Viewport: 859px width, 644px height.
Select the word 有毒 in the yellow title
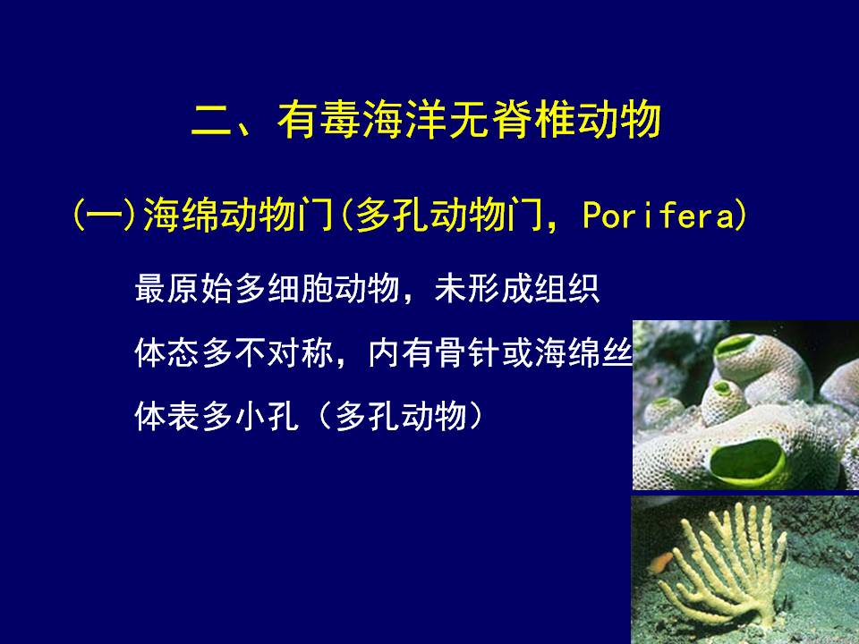click(x=319, y=119)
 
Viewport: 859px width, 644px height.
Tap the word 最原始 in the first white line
click(x=184, y=288)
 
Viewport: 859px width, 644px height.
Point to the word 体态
click(x=167, y=352)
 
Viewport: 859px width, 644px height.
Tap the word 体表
click(x=167, y=416)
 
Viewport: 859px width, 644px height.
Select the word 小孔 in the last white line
click(x=267, y=416)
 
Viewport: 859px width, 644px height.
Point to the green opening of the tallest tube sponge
click(x=734, y=346)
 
